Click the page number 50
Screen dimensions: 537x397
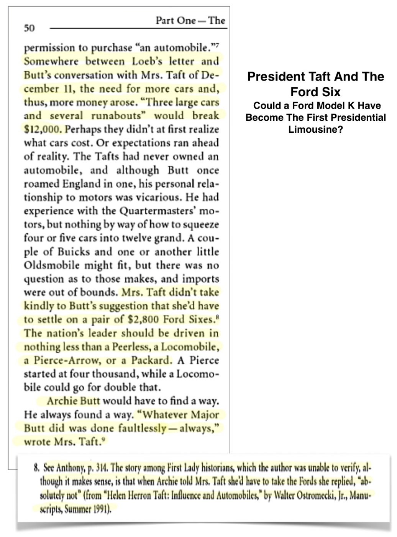(29, 28)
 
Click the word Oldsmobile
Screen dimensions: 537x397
(52, 265)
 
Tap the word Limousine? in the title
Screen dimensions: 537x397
(315, 129)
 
